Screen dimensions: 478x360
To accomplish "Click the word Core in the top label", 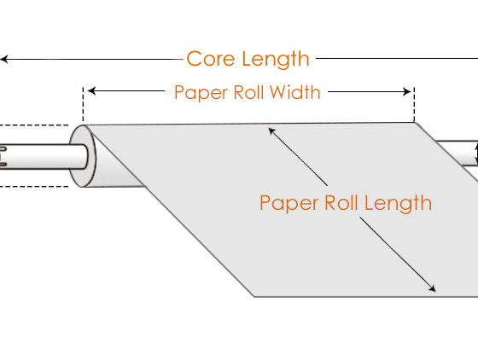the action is pyautogui.click(x=210, y=59).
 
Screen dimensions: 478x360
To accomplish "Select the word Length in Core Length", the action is pyautogui.click(x=276, y=60).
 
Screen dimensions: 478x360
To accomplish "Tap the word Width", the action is pyautogui.click(x=295, y=92).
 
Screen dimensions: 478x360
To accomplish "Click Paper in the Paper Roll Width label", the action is pyautogui.click(x=201, y=93).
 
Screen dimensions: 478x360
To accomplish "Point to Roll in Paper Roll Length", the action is pyautogui.click(x=341, y=203).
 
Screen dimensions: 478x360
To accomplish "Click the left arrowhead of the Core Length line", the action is pyautogui.click(x=3, y=59).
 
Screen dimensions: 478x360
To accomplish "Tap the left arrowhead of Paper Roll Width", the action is pyautogui.click(x=91, y=90).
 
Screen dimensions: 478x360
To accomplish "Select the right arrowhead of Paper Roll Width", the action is pyautogui.click(x=407, y=91).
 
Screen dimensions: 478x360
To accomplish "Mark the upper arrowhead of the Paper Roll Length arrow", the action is pyautogui.click(x=271, y=131).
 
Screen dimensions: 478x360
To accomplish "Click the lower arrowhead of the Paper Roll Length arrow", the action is pyautogui.click(x=432, y=288).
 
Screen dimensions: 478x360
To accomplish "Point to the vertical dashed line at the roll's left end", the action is pyautogui.click(x=83, y=104).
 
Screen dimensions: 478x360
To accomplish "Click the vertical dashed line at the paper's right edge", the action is pyautogui.click(x=414, y=105).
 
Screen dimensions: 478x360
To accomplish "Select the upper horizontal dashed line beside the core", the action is pyautogui.click(x=34, y=125).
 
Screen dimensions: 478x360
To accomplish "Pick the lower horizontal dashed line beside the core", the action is pyautogui.click(x=34, y=186).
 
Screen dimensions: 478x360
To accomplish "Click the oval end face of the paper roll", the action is pyautogui.click(x=82, y=155).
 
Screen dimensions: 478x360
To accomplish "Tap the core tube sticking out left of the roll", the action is pyautogui.click(x=44, y=157).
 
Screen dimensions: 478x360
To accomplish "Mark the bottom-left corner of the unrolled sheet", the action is pyautogui.click(x=254, y=296).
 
